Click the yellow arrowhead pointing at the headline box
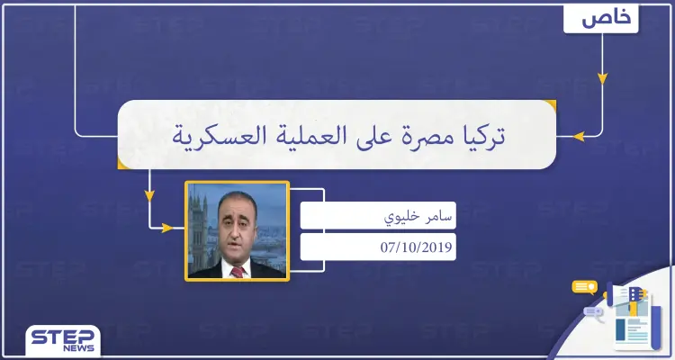[x=580, y=137]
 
